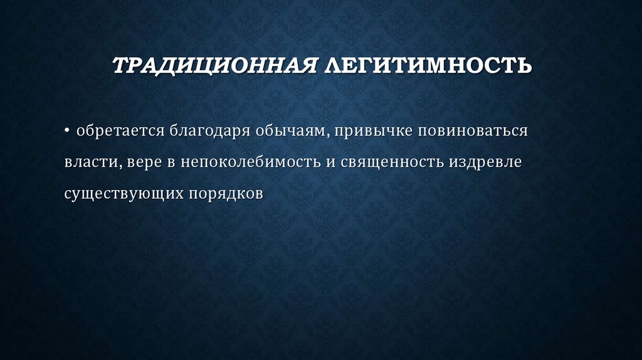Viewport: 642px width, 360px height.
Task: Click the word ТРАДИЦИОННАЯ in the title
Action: click(x=214, y=65)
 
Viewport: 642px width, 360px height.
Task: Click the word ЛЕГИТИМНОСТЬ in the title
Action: click(x=426, y=65)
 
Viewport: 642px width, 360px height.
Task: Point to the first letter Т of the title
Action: click(x=118, y=65)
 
